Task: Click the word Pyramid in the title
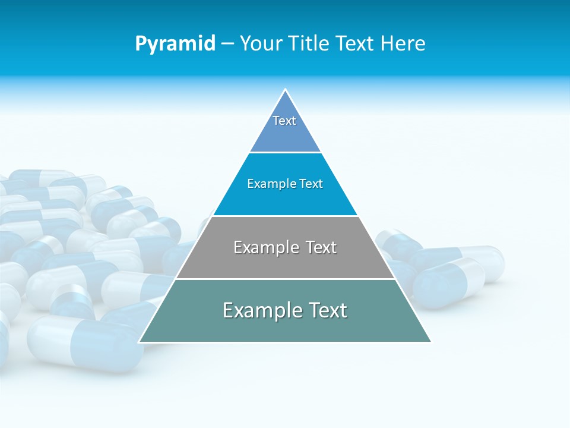pos(175,44)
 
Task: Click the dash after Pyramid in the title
pos(227,44)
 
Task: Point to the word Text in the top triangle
pos(284,121)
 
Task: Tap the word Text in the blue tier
pos(312,184)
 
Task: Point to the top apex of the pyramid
pos(285,90)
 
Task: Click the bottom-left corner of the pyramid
pos(140,342)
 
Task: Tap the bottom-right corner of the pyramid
pos(430,342)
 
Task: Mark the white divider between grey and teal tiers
pos(285,279)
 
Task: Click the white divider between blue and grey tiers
pos(285,216)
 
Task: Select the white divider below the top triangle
pos(285,153)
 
